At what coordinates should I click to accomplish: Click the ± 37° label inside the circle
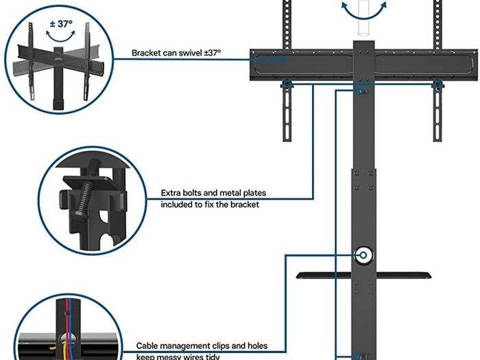point(61,24)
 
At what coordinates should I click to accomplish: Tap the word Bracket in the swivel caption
point(146,53)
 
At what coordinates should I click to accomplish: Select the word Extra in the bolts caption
point(171,193)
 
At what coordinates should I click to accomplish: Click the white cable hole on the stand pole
point(363,255)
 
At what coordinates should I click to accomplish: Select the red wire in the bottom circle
point(66,324)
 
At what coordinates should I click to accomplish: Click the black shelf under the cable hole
point(363,275)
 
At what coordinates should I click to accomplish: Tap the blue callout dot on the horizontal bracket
point(283,60)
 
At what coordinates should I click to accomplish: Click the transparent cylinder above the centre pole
point(364,19)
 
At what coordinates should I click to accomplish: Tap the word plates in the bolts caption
point(254,193)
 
